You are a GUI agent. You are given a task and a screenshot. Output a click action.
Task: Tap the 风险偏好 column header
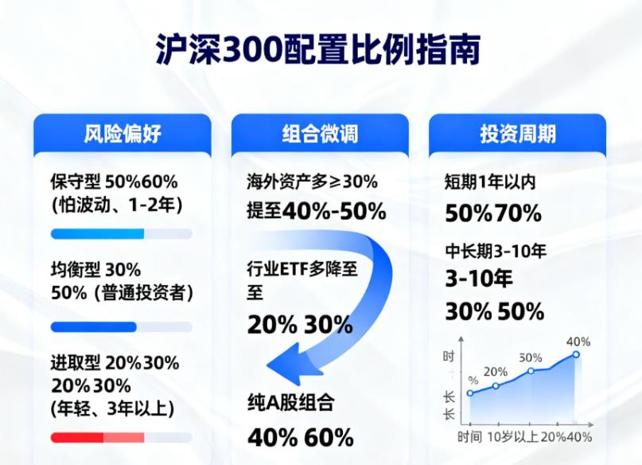(122, 133)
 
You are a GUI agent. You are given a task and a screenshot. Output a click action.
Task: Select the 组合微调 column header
(320, 133)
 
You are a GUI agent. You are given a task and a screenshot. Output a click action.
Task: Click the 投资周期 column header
(517, 133)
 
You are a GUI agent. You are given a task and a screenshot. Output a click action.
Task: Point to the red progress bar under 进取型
(97, 437)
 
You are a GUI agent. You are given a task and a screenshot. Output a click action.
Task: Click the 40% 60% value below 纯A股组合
(300, 437)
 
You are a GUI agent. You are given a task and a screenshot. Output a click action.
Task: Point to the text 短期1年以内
(489, 182)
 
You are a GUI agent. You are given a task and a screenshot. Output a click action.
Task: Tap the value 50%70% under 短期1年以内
(492, 213)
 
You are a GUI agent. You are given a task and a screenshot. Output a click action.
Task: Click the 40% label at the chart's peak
(578, 342)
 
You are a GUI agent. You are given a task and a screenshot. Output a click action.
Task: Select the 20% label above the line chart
(495, 371)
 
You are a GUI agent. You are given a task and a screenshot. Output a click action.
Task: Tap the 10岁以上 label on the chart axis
(512, 436)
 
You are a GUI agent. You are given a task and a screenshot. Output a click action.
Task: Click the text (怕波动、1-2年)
(116, 205)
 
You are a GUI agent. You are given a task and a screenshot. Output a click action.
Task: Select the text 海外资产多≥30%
(312, 182)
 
